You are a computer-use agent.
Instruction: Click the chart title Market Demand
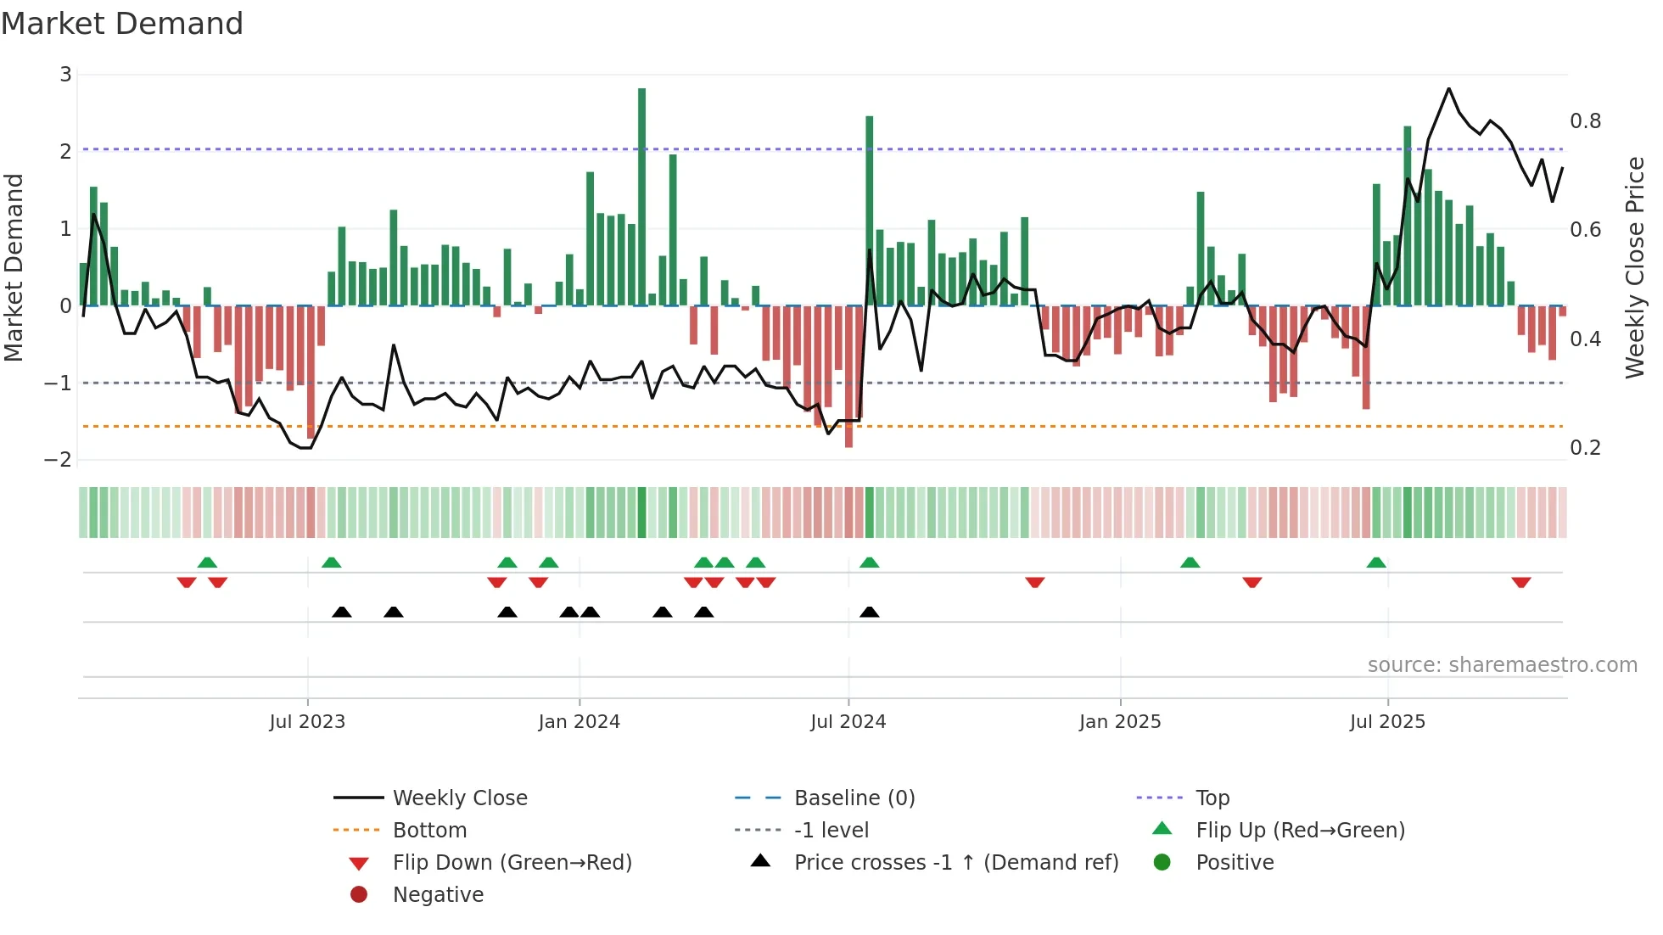[x=122, y=24]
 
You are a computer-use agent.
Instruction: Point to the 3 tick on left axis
[x=65, y=75]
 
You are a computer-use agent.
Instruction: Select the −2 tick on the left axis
[x=59, y=460]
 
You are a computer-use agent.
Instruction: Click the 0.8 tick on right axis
[x=1585, y=121]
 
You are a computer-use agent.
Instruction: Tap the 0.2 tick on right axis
[x=1585, y=448]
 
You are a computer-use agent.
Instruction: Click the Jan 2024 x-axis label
[x=579, y=722]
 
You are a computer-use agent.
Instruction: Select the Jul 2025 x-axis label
[x=1387, y=722]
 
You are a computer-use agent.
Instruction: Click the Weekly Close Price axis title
[x=1634, y=267]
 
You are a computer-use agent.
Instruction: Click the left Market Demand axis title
[x=14, y=267]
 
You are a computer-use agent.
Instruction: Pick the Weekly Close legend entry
[x=459, y=798]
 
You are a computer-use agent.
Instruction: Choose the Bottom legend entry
[x=429, y=831]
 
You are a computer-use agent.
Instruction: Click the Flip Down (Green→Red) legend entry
[x=512, y=863]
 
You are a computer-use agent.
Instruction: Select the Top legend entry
[x=1212, y=798]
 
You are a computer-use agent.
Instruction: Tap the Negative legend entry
[x=438, y=895]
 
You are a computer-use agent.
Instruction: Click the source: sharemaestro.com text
[x=1502, y=665]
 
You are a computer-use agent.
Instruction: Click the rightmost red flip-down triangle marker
[x=1520, y=582]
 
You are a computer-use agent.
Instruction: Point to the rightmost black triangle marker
[x=869, y=612]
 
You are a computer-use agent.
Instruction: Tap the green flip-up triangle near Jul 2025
[x=1376, y=563]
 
